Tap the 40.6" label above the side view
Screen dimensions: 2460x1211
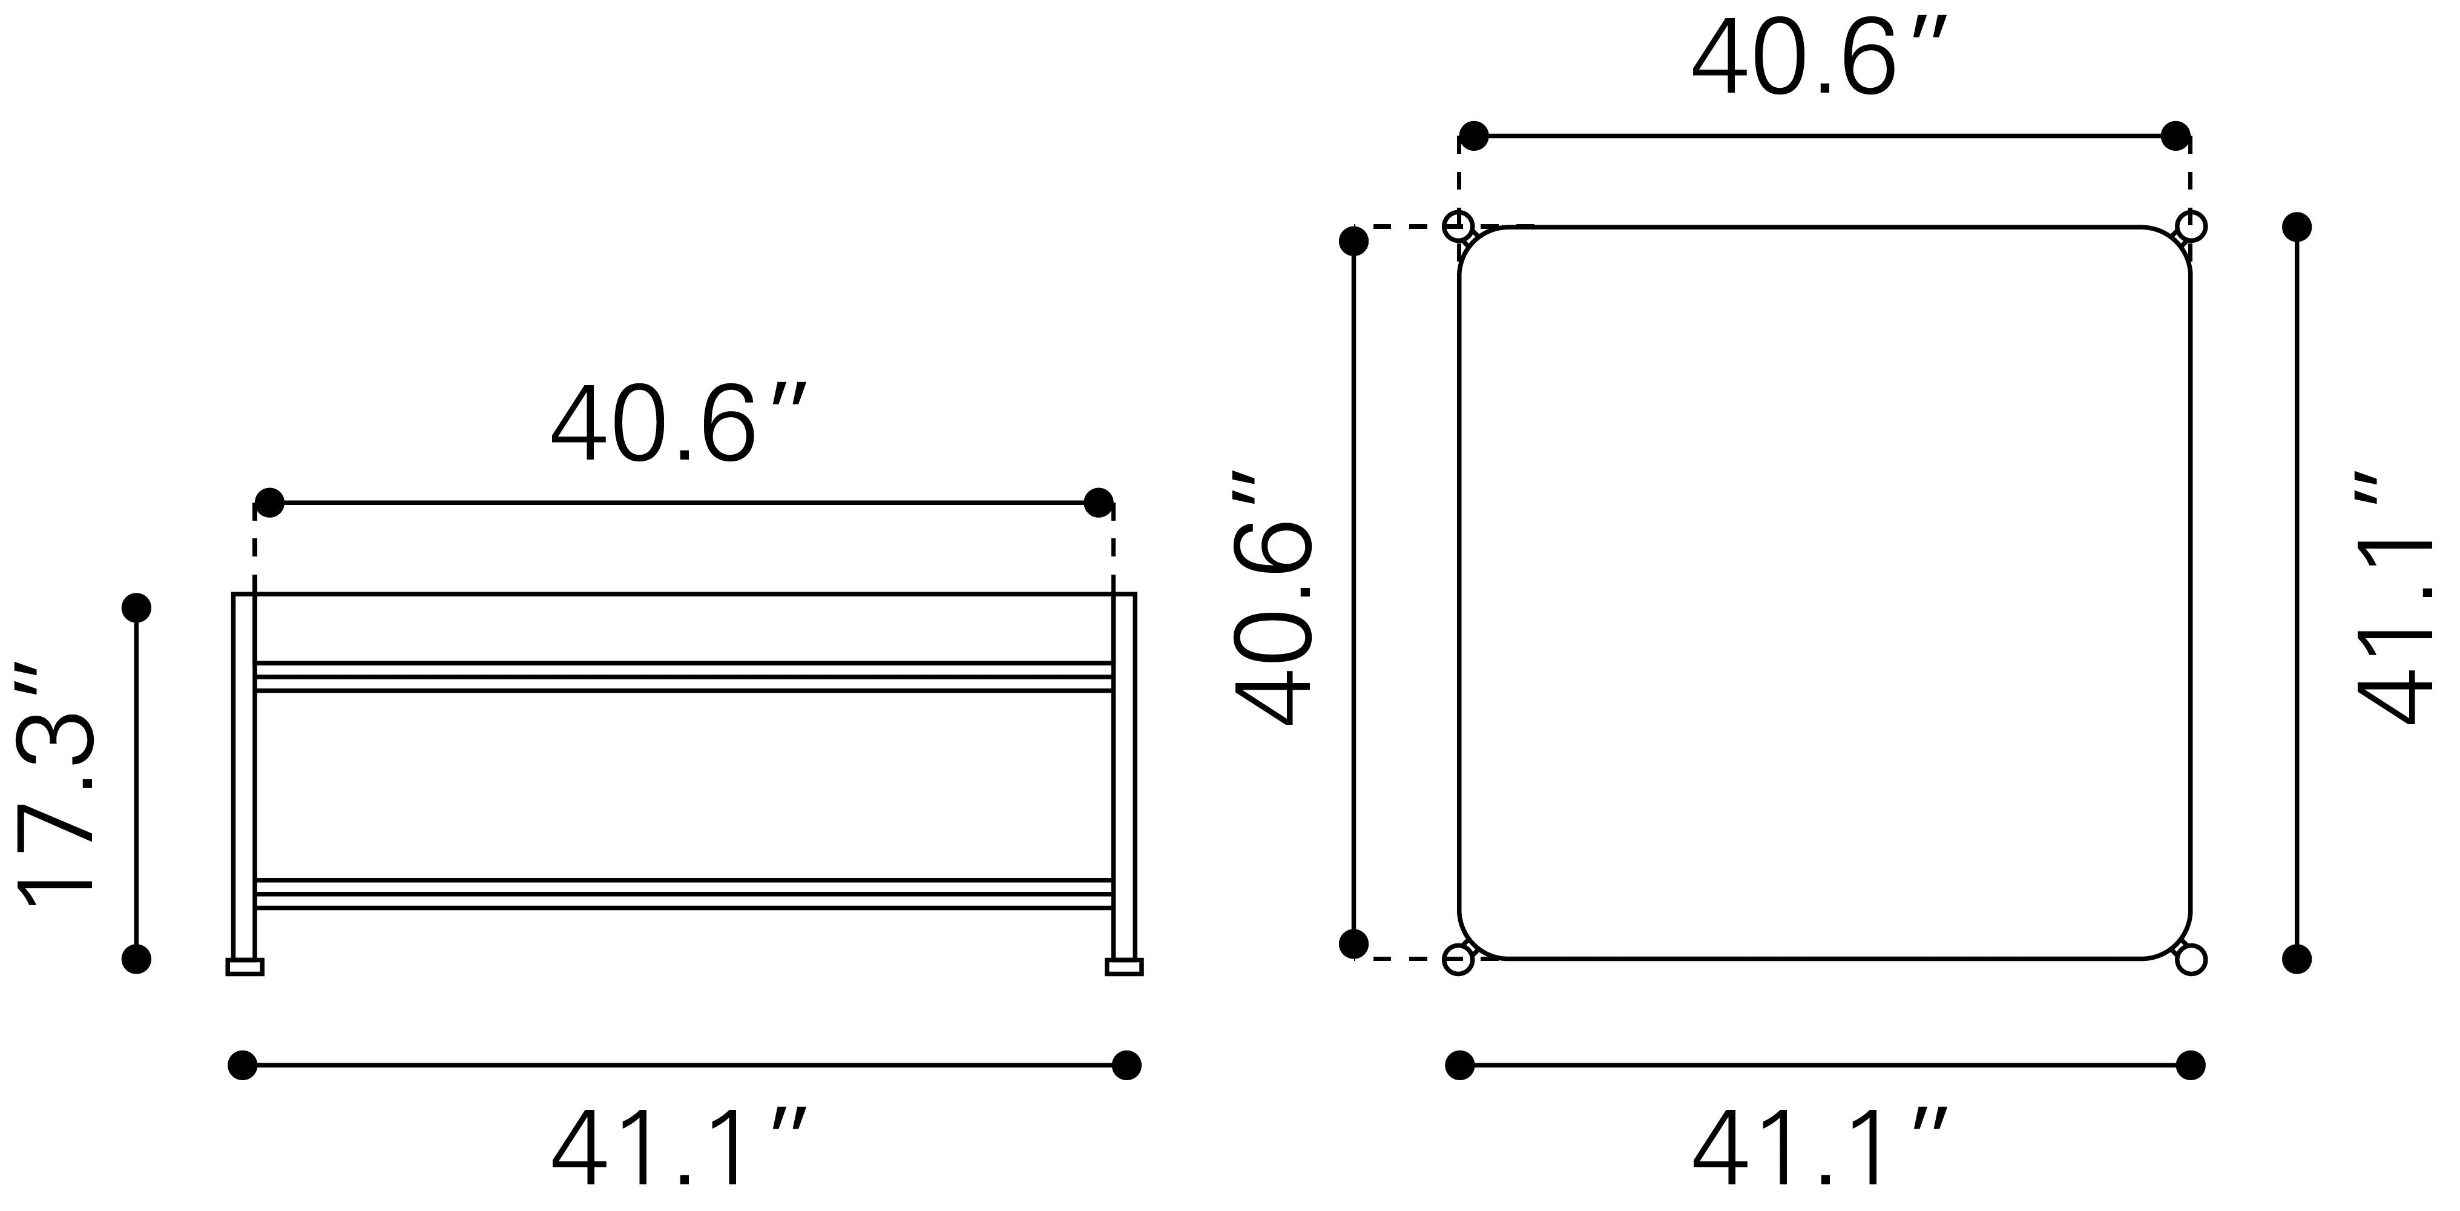click(679, 423)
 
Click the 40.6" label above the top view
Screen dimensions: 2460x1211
click(1819, 58)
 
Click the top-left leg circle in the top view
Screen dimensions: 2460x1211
click(1458, 227)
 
